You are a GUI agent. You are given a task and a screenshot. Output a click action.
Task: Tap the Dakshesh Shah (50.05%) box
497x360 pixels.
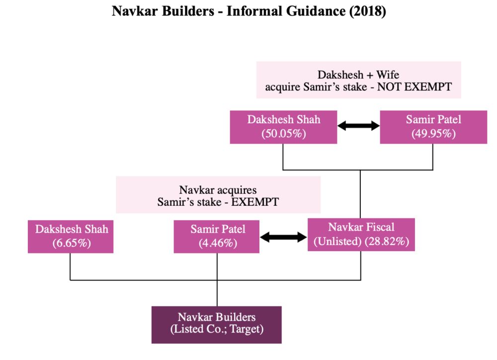pyautogui.click(x=284, y=127)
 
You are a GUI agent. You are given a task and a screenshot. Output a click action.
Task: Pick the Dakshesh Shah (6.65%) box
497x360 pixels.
pyautogui.click(x=71, y=236)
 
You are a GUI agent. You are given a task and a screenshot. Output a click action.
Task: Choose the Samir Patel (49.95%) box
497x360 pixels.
pyautogui.click(x=433, y=127)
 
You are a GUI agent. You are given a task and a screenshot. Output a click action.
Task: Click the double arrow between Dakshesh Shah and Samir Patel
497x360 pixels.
pyautogui.click(x=358, y=126)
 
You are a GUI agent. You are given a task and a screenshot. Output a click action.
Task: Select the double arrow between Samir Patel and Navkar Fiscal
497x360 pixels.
pyautogui.click(x=284, y=237)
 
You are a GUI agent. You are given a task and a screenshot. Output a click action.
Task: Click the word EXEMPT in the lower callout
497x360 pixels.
pyautogui.click(x=253, y=202)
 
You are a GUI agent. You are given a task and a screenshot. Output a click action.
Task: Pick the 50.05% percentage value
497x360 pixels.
pyautogui.click(x=284, y=134)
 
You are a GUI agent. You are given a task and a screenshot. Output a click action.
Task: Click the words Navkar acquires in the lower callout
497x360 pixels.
pyautogui.click(x=218, y=190)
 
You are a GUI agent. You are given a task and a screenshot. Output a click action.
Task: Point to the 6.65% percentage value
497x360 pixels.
pyautogui.click(x=71, y=243)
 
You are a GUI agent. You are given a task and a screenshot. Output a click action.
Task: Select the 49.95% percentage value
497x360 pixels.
pyautogui.click(x=433, y=134)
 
